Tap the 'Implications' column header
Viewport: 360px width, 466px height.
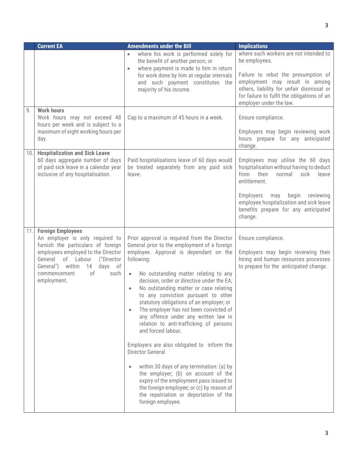pyautogui.click(x=253, y=46)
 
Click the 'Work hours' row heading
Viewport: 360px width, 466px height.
pyautogui.click(x=51, y=111)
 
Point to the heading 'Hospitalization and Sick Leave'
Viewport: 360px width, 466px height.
pyautogui.click(x=74, y=153)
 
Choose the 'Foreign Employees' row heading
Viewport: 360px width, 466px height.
pyautogui.click(x=60, y=231)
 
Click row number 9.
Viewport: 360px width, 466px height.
pyautogui.click(x=28, y=111)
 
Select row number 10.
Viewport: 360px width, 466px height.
pyautogui.click(x=29, y=153)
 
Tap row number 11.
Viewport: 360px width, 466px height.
pyautogui.click(x=29, y=231)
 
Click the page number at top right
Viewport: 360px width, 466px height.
pyautogui.click(x=326, y=25)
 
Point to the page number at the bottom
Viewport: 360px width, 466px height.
pyautogui.click(x=326, y=433)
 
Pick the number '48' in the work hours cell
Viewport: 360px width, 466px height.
pyautogui.click(x=117, y=117)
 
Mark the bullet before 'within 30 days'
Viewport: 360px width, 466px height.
pyautogui.click(x=131, y=366)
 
